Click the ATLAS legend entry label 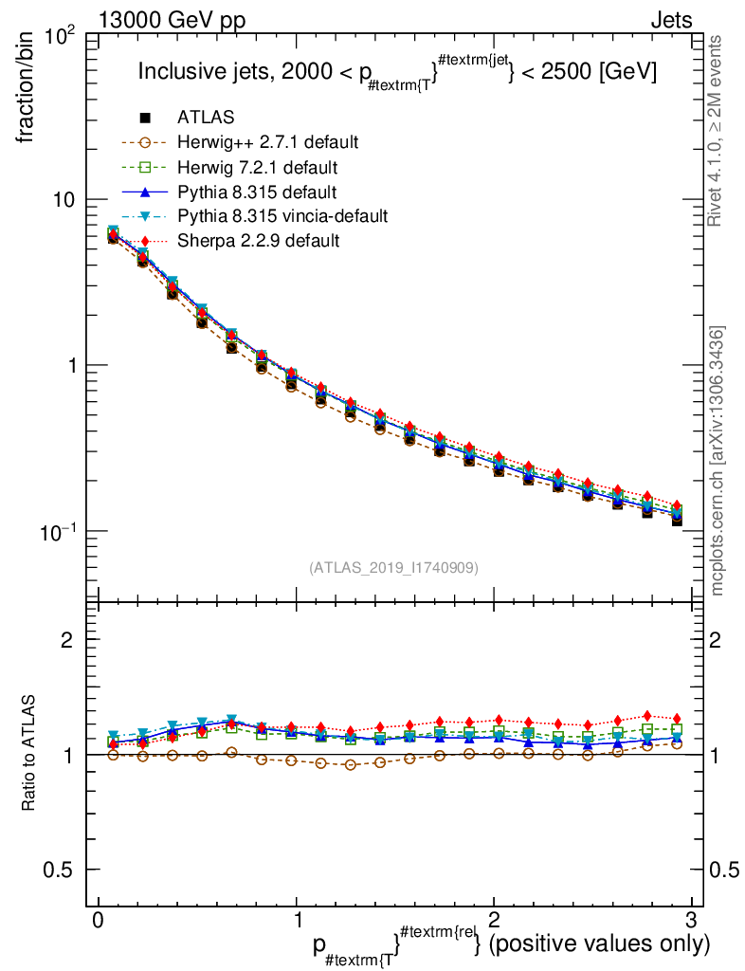(x=206, y=118)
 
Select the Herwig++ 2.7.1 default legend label (x=266, y=142)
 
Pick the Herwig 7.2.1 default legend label (x=257, y=167)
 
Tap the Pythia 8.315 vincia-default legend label (x=282, y=216)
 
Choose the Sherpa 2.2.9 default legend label (x=258, y=241)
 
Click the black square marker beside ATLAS (x=145, y=118)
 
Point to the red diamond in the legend (x=145, y=241)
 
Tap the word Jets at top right (x=670, y=19)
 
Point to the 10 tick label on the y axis (x=66, y=200)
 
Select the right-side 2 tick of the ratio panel (x=718, y=640)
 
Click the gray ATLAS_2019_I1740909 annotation (x=393, y=568)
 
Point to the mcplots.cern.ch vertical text (x=718, y=460)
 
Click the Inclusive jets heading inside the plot (x=397, y=72)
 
